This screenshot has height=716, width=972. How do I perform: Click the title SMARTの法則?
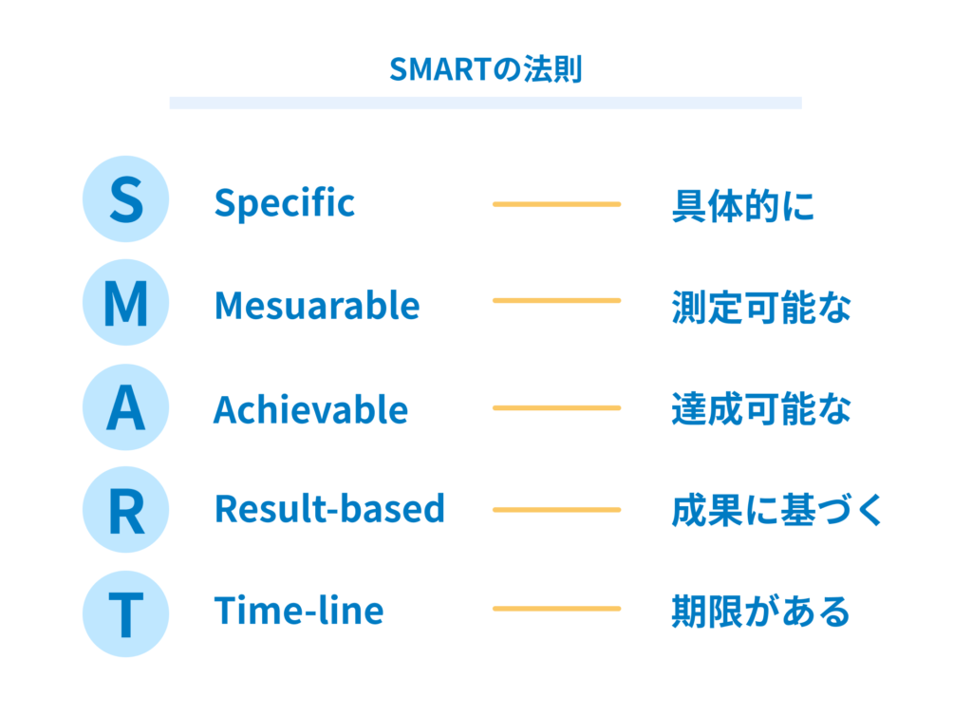pos(485,68)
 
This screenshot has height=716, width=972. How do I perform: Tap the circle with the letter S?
pos(126,199)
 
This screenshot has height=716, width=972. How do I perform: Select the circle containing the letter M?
pos(126,303)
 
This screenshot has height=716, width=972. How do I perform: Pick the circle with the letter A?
pos(126,407)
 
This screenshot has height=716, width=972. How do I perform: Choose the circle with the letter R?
pos(126,510)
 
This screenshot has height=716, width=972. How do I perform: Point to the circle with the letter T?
pos(126,613)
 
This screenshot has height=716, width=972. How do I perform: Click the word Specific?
pos(285,203)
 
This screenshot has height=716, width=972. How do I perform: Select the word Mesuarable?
pos(317,305)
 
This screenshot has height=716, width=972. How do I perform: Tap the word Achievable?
pos(311,409)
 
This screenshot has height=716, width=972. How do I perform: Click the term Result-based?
pos(329,509)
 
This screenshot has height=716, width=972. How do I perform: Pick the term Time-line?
pos(299,610)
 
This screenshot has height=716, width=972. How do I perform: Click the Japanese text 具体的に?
pos(743,206)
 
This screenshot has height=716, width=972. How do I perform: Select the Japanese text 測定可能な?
pos(762,308)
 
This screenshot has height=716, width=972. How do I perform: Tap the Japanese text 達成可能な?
pos(762,409)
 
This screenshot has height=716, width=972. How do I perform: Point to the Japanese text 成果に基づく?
pos(777,510)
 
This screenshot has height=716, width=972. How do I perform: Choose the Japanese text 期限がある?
pos(761,612)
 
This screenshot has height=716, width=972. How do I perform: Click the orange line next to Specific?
pos(556,204)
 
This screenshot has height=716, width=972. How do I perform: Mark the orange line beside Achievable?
pos(556,408)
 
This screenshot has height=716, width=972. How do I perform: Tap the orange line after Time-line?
pos(556,609)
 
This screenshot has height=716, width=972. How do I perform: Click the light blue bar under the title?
pos(485,103)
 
